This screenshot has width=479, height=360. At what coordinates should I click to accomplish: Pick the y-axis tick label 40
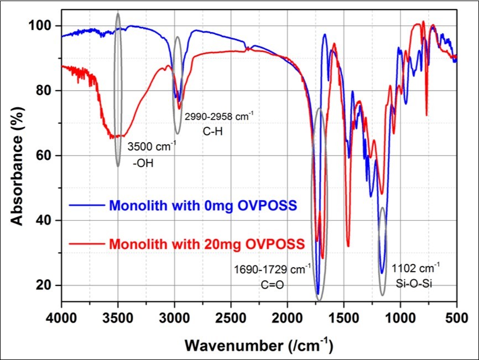[49, 221]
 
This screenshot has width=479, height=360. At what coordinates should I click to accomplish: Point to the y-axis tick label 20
[49, 286]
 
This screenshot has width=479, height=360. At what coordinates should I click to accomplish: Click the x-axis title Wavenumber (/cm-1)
[259, 345]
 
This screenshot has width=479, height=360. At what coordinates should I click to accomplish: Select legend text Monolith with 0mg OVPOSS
[204, 206]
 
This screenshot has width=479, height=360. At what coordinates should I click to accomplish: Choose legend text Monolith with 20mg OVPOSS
[207, 244]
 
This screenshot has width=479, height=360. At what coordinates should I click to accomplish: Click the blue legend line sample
[86, 206]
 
